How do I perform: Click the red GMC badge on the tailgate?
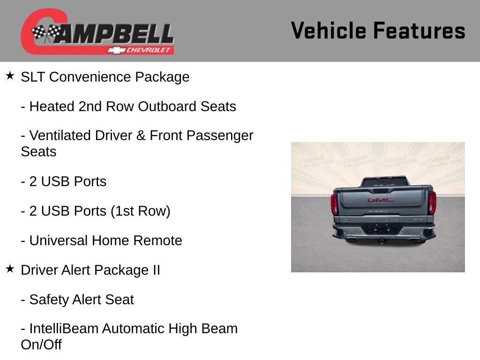[x=381, y=199]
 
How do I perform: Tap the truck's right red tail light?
[x=432, y=202]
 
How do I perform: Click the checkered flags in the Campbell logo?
[x=46, y=33]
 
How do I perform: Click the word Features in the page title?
[x=419, y=31]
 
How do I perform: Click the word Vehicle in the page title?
[x=329, y=31]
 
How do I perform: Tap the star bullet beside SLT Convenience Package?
[x=10, y=75]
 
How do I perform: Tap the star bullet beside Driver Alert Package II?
[x=10, y=269]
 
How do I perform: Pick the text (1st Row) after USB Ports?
[x=141, y=211]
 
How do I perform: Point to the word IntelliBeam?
[x=64, y=329]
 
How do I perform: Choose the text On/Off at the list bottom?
[x=41, y=345]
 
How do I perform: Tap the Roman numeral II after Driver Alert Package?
[x=154, y=270]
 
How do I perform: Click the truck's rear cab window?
[x=383, y=182]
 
